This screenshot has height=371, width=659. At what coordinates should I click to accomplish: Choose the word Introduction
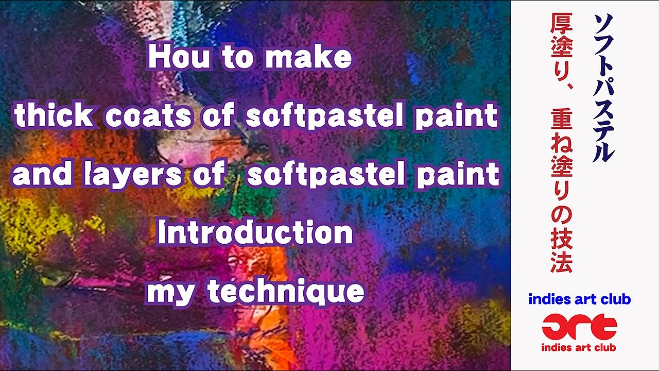(255, 233)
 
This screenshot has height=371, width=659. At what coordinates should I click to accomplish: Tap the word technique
(286, 292)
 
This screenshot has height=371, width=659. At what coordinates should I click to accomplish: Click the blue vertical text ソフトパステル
(603, 88)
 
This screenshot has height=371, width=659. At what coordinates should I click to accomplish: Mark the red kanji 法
(561, 261)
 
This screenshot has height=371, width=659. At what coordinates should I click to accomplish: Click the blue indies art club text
(579, 299)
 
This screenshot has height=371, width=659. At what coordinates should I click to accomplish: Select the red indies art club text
(579, 347)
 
